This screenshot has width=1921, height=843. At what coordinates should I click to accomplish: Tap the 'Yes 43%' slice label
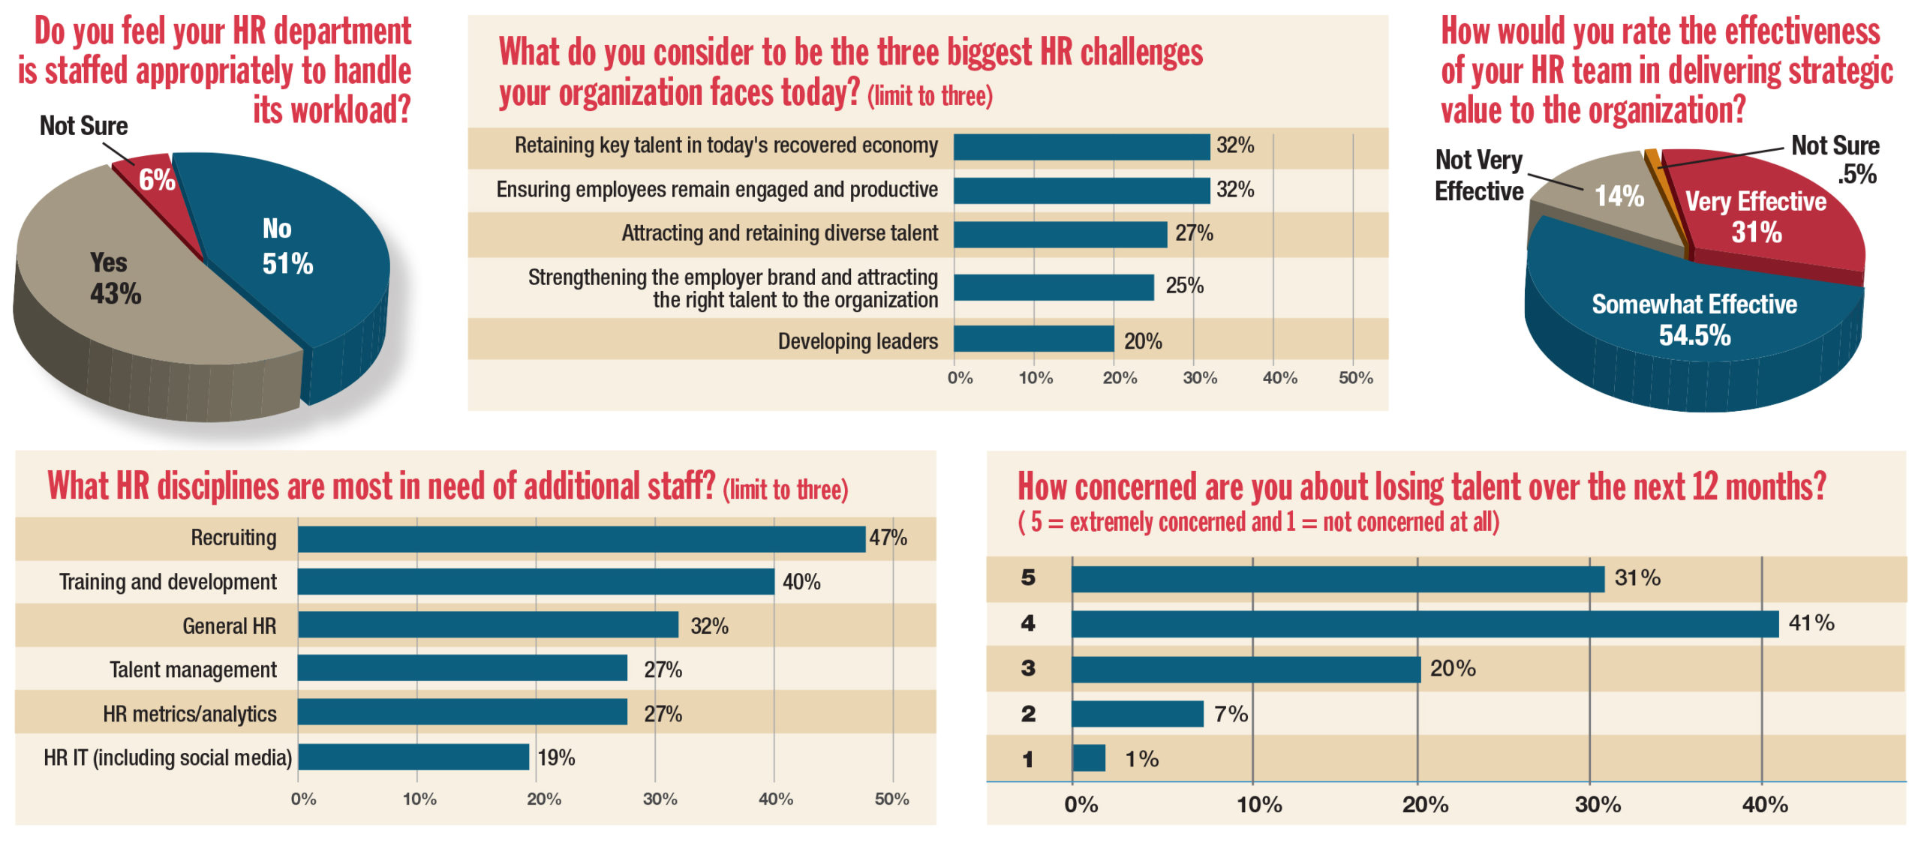[x=114, y=278]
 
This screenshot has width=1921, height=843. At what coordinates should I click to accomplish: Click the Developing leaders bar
[x=1033, y=339]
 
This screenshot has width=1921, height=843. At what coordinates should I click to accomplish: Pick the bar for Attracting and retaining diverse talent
[x=1060, y=234]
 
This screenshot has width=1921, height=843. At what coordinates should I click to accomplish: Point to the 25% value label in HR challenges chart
[x=1184, y=286]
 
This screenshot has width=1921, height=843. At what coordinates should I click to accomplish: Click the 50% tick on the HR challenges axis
[x=1355, y=378]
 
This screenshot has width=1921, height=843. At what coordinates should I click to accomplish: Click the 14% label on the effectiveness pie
[x=1619, y=196]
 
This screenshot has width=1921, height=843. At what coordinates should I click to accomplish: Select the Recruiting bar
[x=581, y=538]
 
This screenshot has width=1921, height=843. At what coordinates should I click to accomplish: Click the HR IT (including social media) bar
[x=413, y=757]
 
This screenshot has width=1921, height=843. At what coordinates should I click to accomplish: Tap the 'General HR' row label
[x=229, y=626]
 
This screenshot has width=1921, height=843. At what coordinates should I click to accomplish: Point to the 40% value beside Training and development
[x=801, y=582]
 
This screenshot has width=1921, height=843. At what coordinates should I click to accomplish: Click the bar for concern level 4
[x=1424, y=624]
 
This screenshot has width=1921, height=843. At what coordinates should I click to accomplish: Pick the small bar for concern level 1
[x=1089, y=758]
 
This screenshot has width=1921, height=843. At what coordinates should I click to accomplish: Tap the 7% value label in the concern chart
[x=1231, y=714]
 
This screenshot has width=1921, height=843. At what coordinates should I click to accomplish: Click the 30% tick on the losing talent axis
[x=1597, y=805]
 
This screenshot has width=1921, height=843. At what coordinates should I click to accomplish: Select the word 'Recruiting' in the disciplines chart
[x=233, y=538]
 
